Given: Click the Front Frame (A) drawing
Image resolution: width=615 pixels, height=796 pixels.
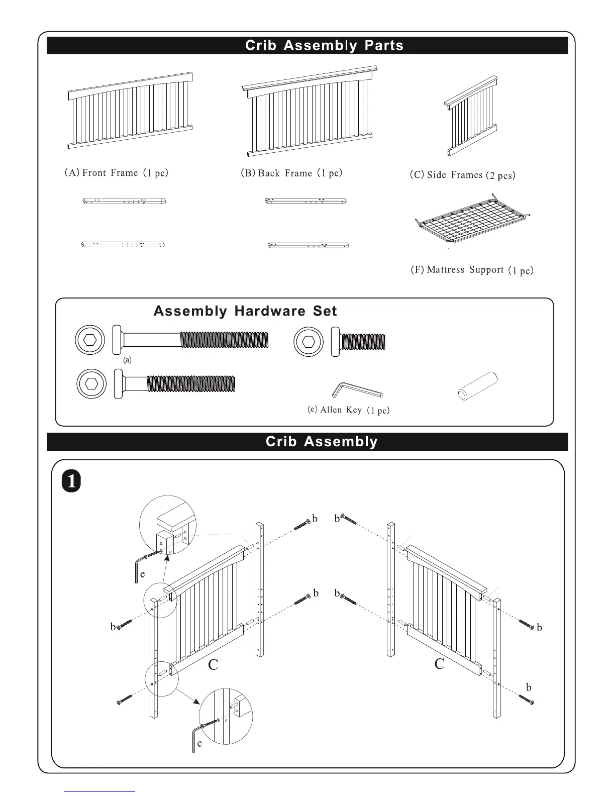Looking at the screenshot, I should (130, 111).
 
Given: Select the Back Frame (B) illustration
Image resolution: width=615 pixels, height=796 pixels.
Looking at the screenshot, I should (309, 112).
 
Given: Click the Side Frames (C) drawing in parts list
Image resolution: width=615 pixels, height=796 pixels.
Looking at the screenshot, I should (471, 116).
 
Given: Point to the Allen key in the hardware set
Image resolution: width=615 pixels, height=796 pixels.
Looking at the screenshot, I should (357, 390).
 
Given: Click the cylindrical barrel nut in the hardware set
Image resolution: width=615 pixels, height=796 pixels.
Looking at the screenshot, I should (477, 385).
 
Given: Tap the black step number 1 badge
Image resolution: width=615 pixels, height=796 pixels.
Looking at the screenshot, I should (71, 481).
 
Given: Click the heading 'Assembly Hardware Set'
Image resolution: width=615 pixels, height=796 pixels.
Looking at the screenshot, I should (245, 311).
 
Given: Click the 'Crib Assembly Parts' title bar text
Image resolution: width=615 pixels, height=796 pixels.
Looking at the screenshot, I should (324, 45).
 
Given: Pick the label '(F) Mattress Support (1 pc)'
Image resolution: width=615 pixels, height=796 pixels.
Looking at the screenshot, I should (472, 270).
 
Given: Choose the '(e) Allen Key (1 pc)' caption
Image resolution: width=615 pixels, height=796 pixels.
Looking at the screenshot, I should (349, 410).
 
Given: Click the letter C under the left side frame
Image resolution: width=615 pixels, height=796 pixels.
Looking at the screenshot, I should (213, 664).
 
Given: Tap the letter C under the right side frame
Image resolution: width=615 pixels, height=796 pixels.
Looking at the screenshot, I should (439, 664).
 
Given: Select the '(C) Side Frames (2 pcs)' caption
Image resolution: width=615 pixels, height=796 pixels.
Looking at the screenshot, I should (462, 175).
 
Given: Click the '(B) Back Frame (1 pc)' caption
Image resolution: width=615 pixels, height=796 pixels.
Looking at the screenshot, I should (291, 173).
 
